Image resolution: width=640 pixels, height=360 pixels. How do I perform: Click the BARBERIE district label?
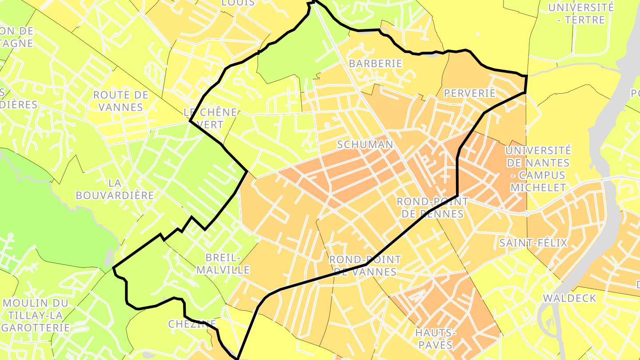[375, 64]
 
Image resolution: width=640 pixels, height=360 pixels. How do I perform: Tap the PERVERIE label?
[469, 93]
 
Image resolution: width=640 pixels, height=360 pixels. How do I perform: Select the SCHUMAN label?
[365, 144]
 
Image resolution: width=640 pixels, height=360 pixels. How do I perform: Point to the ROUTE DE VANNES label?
[121, 101]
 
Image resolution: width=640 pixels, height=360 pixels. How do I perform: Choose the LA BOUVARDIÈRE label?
[115, 189]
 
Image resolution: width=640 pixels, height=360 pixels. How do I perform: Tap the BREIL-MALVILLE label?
[223, 264]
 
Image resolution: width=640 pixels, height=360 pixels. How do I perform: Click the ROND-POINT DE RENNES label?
[432, 208]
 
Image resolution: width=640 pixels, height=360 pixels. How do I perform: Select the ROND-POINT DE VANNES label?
[365, 265]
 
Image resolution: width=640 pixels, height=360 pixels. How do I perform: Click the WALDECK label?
[569, 298]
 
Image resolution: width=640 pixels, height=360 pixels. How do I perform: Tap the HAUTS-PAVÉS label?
[434, 339]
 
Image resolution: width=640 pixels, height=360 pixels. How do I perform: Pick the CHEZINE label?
[192, 324]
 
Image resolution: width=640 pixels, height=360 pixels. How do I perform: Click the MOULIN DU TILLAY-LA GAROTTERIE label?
[36, 315]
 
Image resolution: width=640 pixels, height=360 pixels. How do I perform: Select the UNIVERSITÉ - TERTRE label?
[580, 13]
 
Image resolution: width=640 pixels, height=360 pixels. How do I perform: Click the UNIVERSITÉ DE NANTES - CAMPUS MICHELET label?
[538, 169]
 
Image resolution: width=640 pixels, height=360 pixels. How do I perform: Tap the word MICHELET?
[538, 188]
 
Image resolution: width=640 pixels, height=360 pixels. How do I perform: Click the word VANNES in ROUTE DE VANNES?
[121, 107]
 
